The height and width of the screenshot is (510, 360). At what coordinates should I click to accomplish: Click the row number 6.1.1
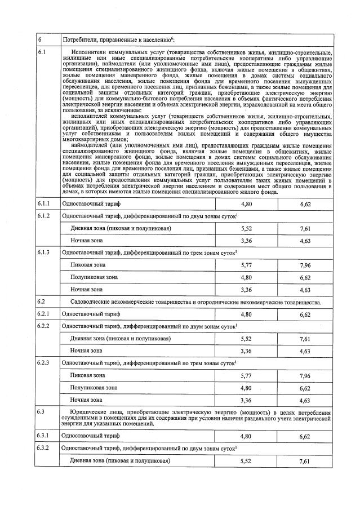[43, 202]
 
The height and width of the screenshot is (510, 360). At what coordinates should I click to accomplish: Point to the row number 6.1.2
[43, 215]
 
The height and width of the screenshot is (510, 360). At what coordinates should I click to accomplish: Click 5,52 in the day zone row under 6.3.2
[246, 460]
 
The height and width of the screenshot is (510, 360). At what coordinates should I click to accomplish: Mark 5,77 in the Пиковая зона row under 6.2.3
[246, 375]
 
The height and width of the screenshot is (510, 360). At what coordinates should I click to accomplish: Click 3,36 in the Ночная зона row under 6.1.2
[246, 241]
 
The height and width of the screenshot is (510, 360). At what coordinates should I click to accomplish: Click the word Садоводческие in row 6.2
[91, 302]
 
